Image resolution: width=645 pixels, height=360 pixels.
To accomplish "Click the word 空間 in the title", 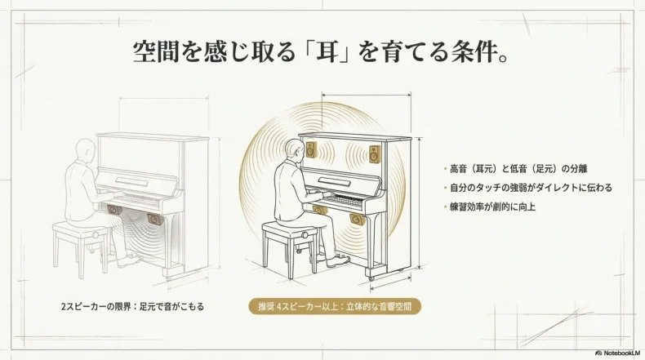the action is pos(156,52).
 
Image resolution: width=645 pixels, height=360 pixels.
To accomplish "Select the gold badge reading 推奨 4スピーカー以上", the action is pos(335,306).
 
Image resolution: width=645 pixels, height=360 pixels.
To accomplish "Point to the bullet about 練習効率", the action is pos(493,207).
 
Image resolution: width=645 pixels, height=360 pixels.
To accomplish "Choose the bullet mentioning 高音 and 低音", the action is pos(518,169).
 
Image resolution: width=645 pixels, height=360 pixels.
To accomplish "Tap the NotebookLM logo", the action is pos(618,353).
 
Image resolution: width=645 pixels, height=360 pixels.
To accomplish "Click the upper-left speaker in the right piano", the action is pos(311,149).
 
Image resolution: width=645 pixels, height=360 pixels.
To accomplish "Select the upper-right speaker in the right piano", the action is pos(374,153).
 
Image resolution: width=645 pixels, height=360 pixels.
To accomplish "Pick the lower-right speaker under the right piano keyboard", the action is pos(357,220).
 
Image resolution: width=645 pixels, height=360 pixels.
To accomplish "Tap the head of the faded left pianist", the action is pos(86,149).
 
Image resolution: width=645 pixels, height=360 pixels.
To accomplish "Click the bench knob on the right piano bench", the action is pos(305,235).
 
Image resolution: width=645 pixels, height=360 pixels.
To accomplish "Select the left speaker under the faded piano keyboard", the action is pos(114,211).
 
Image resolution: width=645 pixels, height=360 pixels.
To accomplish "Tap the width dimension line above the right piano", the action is pos(366,96).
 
